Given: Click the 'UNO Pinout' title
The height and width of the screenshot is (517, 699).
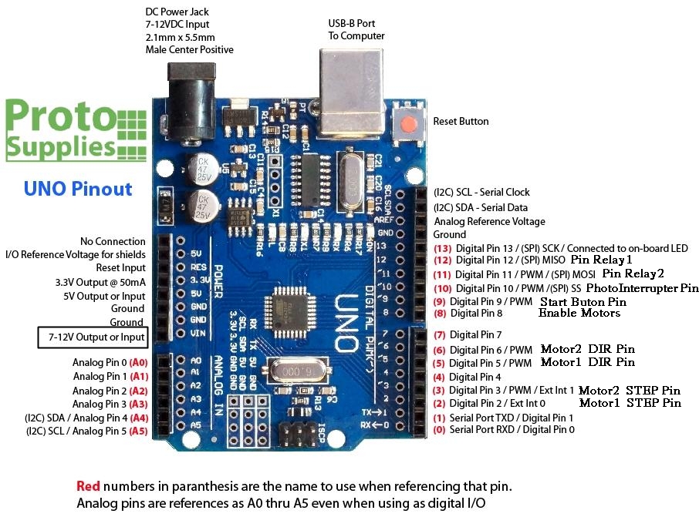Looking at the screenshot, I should tap(77, 189).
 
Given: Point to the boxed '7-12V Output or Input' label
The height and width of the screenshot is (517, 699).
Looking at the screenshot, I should tap(96, 337).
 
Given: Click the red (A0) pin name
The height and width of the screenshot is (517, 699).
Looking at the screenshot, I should tap(139, 361).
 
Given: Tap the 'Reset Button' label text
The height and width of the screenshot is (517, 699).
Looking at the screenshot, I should tap(461, 122).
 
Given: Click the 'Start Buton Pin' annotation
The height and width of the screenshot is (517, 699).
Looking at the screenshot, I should tap(582, 301).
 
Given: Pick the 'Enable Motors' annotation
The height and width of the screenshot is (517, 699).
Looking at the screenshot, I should tap(579, 313).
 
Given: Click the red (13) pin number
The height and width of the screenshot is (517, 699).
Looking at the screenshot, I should tap(442, 249).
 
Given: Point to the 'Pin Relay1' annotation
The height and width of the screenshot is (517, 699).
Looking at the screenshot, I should tap(601, 260).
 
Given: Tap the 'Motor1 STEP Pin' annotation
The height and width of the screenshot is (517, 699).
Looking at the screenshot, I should tap(630, 402).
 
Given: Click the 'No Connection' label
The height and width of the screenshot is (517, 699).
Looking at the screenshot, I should tap(113, 242).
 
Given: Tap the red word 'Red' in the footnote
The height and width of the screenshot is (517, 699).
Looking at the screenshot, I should tap(88, 487).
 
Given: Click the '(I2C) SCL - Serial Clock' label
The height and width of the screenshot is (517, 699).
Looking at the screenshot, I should tap(481, 192).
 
